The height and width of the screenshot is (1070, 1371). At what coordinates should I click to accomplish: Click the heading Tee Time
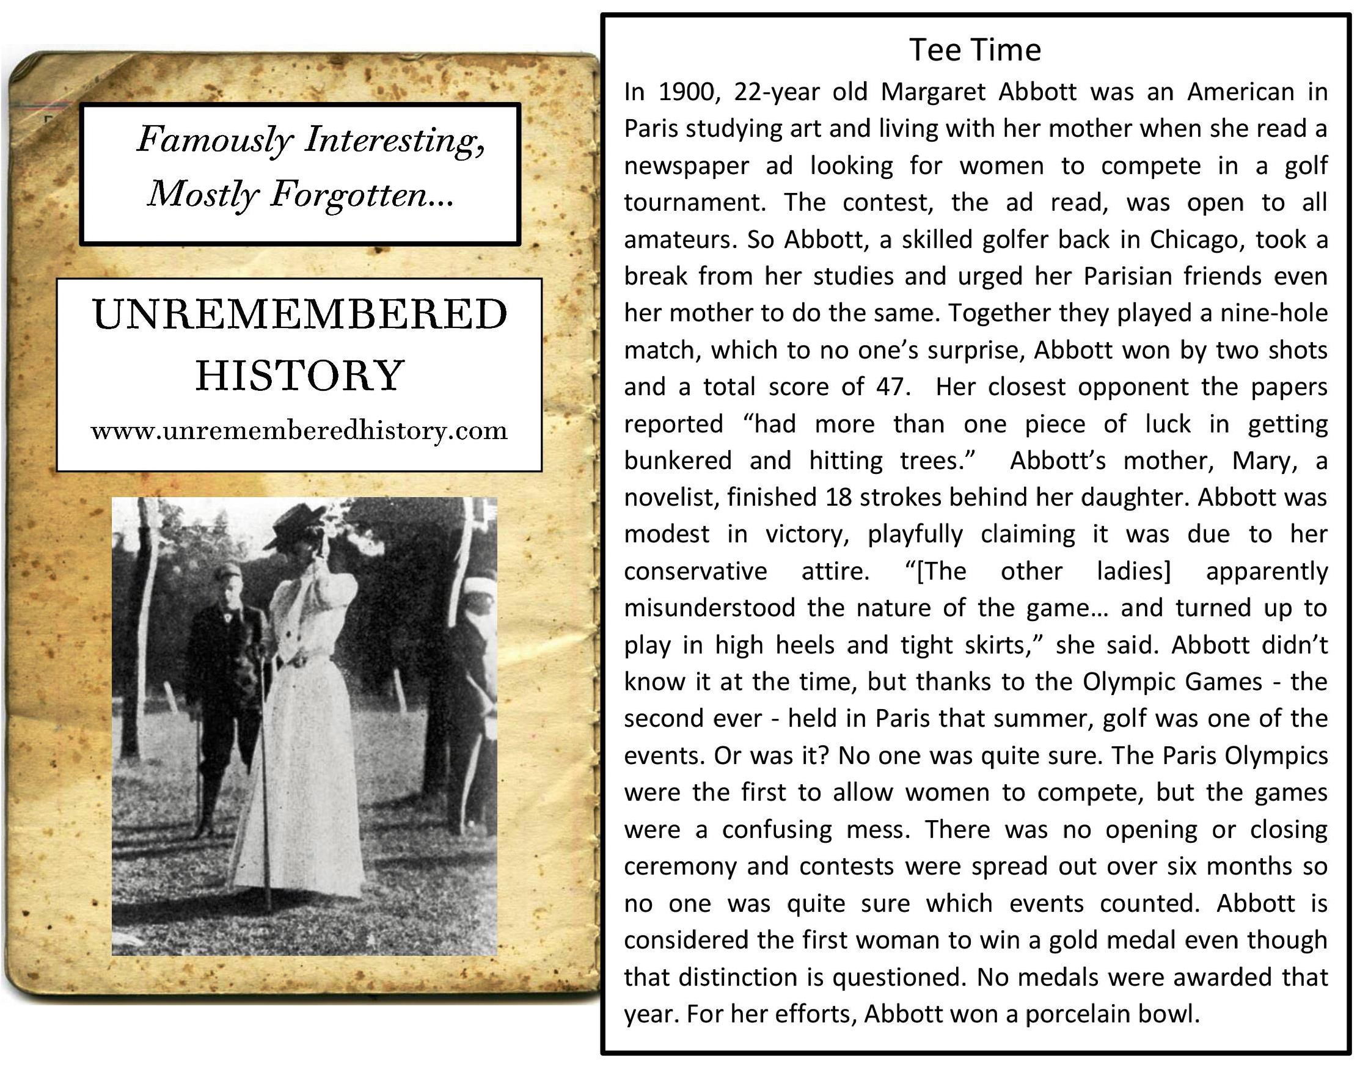click(x=974, y=49)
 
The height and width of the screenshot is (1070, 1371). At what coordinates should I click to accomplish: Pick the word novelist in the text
click(x=669, y=497)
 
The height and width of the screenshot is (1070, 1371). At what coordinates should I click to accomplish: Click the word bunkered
click(x=678, y=460)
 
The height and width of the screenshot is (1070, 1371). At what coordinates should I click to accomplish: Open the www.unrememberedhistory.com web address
click(x=299, y=431)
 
